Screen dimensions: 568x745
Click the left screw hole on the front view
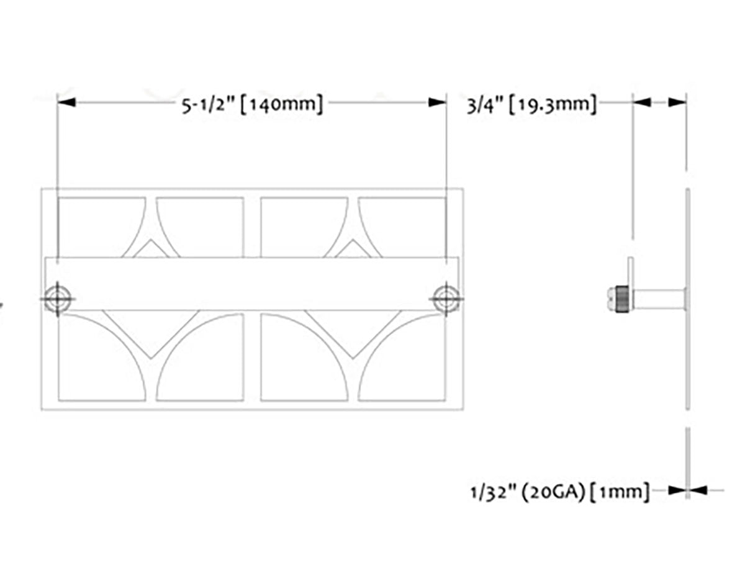point(57,298)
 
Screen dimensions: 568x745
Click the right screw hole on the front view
point(446,298)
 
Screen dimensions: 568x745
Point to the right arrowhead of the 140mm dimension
point(437,102)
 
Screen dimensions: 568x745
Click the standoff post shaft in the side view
point(658,298)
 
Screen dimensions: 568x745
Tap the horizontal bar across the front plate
point(251,282)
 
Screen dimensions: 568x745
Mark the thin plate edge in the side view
point(687,348)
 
